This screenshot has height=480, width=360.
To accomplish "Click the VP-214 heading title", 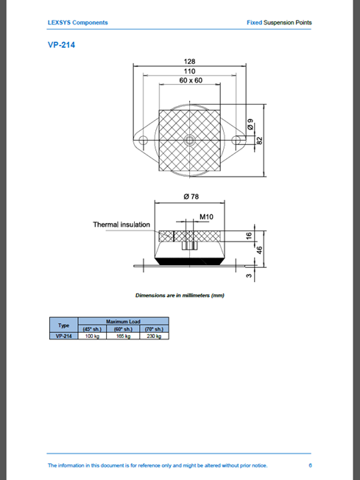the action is pos(61,45).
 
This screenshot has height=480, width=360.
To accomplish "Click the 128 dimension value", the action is pos(189,61).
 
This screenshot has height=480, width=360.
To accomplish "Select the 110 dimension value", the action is pos(189,71).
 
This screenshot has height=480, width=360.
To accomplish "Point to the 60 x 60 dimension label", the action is pos(191,80).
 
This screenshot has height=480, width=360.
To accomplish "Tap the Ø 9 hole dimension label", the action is pos(250,124).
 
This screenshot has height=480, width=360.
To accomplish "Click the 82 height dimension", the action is pos(259,141).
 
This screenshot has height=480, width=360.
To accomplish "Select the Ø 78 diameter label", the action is pos(191,197).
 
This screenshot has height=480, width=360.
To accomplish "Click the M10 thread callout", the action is pos(206,216).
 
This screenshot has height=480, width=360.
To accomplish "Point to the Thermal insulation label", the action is pos(121,225).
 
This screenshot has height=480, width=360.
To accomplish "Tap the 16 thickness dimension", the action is pos(249,236).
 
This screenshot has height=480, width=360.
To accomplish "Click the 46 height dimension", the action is pos(259,250).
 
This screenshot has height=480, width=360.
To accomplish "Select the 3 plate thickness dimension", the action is pos(249,276).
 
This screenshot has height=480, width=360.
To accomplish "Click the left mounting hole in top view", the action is pos(143,141).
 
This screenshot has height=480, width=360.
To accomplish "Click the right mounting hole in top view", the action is pos(236,141).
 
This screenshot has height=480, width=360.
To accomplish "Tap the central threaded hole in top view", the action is pos(189,141).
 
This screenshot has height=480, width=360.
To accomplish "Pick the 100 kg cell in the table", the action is pos(92,336).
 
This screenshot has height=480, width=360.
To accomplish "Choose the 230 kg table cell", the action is pos(154,336).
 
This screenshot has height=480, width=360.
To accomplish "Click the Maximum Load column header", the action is pos(123,322).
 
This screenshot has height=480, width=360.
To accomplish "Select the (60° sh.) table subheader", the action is pos(123,329).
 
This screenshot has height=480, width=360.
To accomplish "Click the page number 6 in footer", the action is pos(310,465).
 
